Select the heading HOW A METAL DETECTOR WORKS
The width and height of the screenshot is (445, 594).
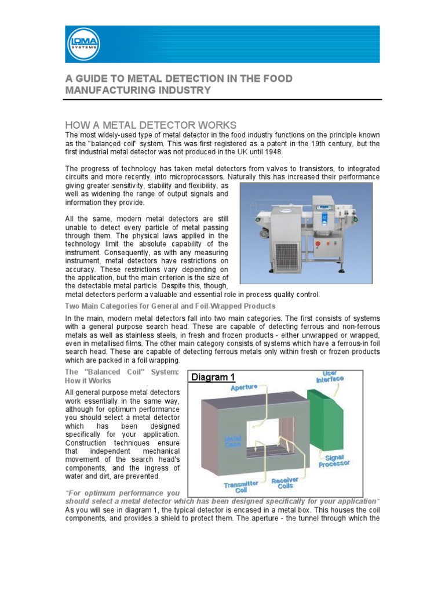(x=151, y=125)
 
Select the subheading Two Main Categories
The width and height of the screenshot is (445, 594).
(x=170, y=306)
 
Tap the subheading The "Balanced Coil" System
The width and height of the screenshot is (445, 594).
(x=122, y=375)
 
